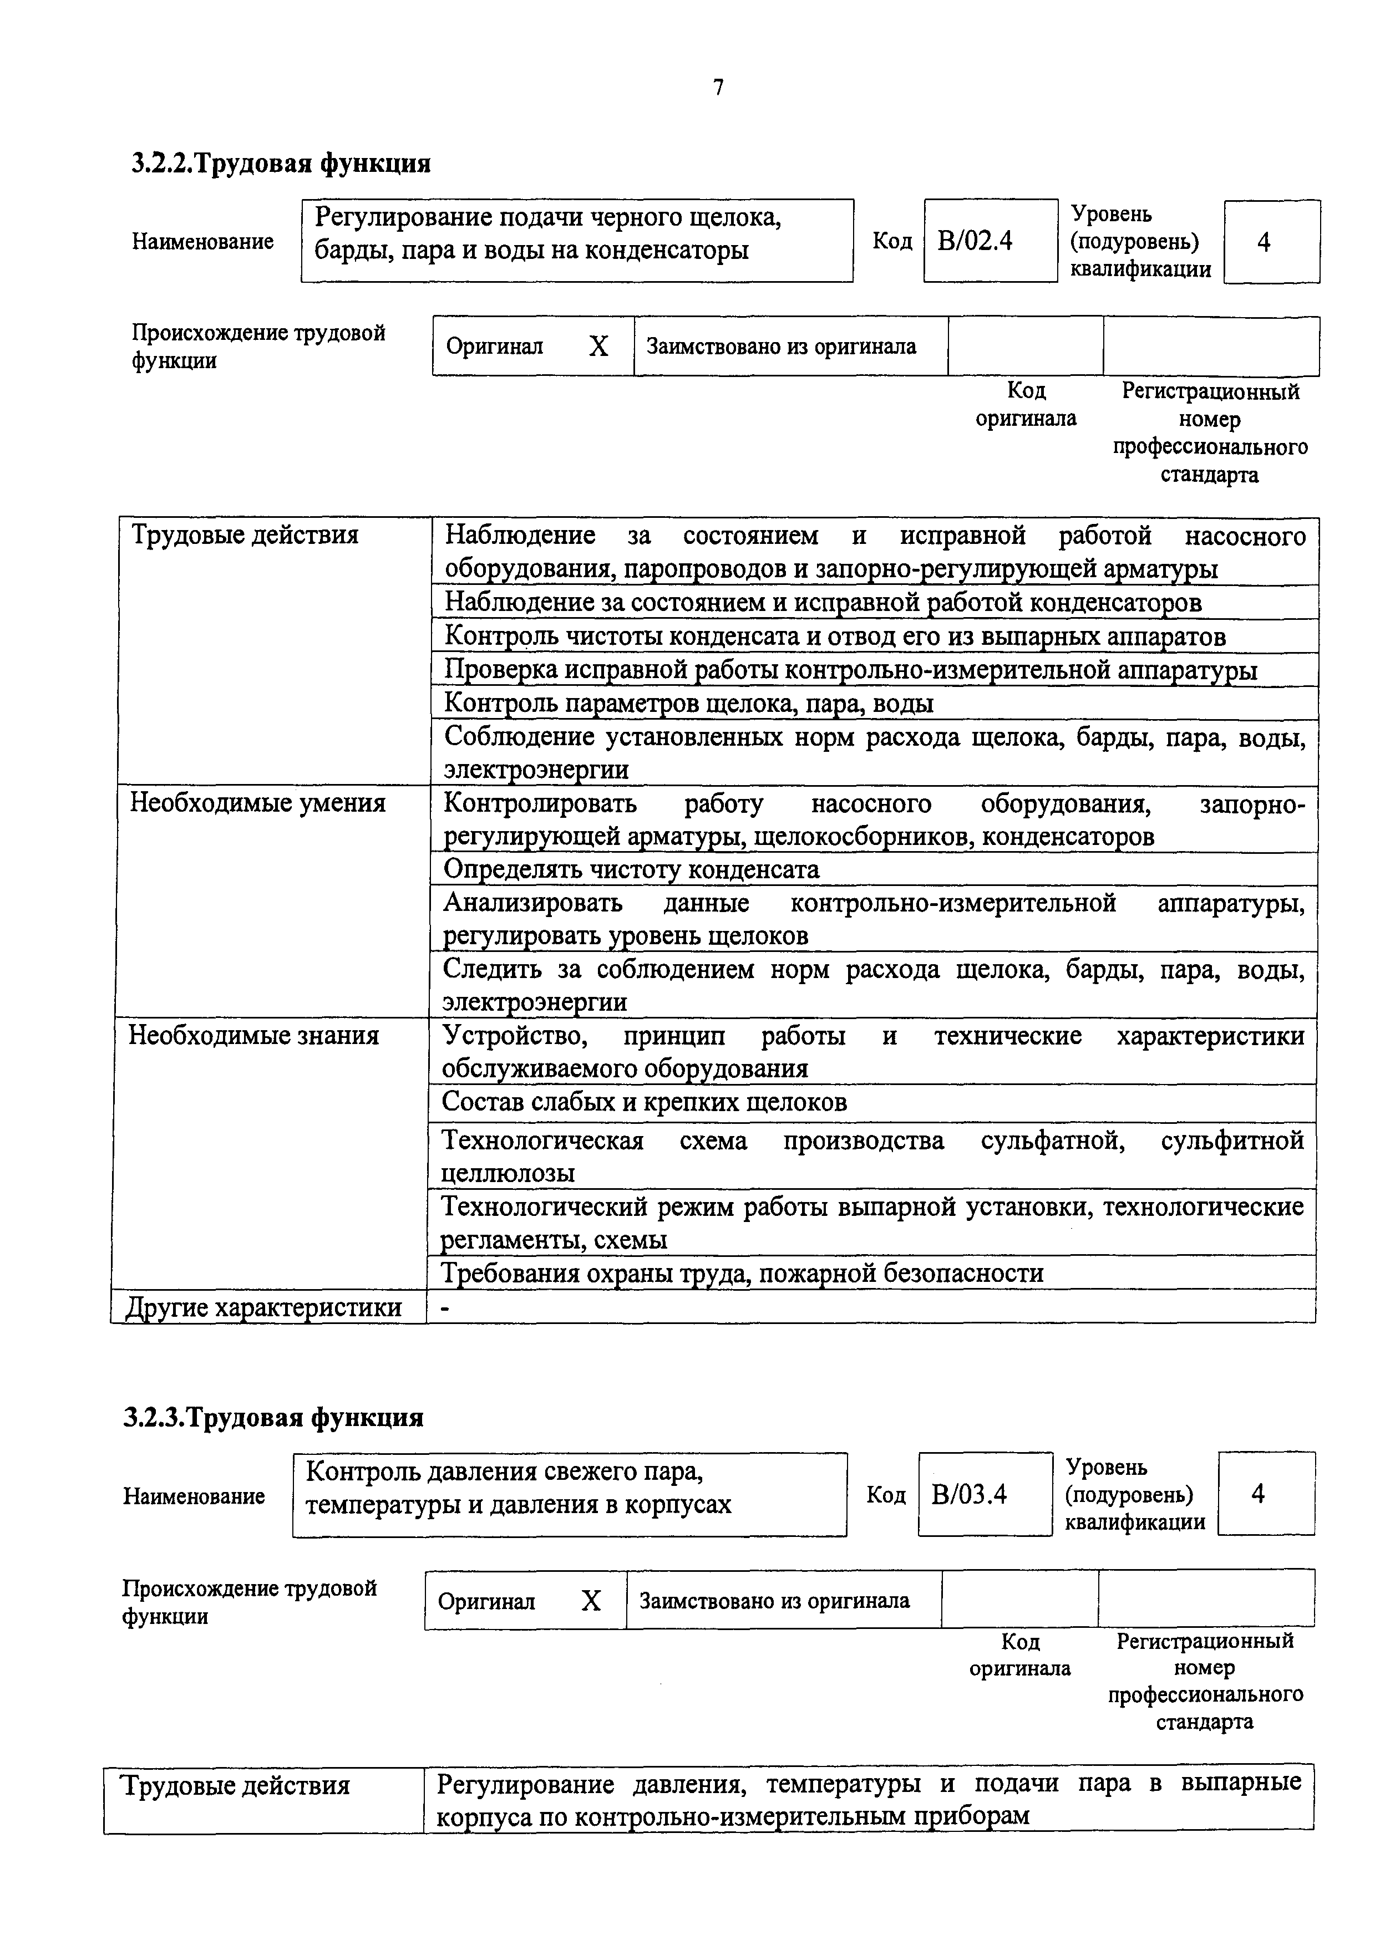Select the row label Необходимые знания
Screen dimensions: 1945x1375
[254, 1035]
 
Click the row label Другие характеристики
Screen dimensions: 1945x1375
[265, 1307]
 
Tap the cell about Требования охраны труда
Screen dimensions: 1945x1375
[742, 1273]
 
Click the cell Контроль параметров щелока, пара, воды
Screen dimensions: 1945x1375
[689, 703]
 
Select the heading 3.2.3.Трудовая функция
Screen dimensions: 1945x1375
[273, 1417]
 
